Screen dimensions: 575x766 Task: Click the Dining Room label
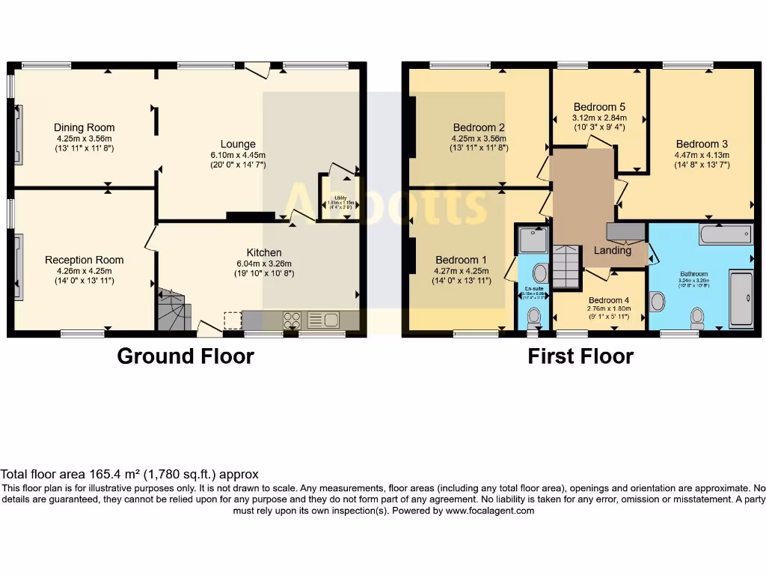[x=84, y=127]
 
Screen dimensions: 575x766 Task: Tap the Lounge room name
[x=238, y=144]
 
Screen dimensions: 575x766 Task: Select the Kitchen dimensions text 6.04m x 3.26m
[x=264, y=264]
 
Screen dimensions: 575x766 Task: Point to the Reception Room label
[x=84, y=260]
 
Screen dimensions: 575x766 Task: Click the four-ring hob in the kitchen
[x=292, y=320]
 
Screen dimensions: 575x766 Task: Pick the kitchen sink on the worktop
[x=323, y=320]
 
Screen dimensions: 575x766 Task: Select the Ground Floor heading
[x=185, y=356]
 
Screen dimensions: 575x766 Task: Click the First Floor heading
[x=580, y=356]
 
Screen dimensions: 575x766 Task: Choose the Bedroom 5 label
[x=599, y=107]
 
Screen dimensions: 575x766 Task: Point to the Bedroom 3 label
[x=702, y=144]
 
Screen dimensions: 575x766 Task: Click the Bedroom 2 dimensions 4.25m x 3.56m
[x=479, y=139]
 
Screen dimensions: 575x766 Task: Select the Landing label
[x=612, y=251]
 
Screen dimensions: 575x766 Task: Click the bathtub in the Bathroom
[x=726, y=234]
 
